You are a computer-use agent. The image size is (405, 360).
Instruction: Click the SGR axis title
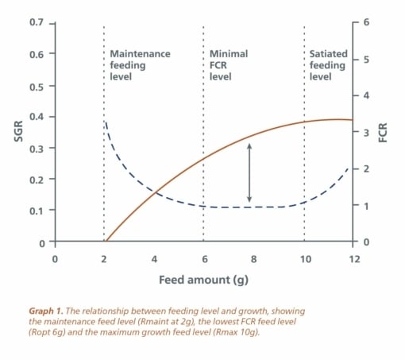[x=19, y=131]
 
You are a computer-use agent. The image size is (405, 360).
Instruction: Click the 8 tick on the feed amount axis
[x=254, y=259]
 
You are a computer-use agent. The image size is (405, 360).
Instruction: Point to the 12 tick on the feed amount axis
[x=354, y=259]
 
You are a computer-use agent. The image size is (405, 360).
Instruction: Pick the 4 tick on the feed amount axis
[x=154, y=259]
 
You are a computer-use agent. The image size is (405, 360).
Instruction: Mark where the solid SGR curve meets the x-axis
[x=106, y=242]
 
